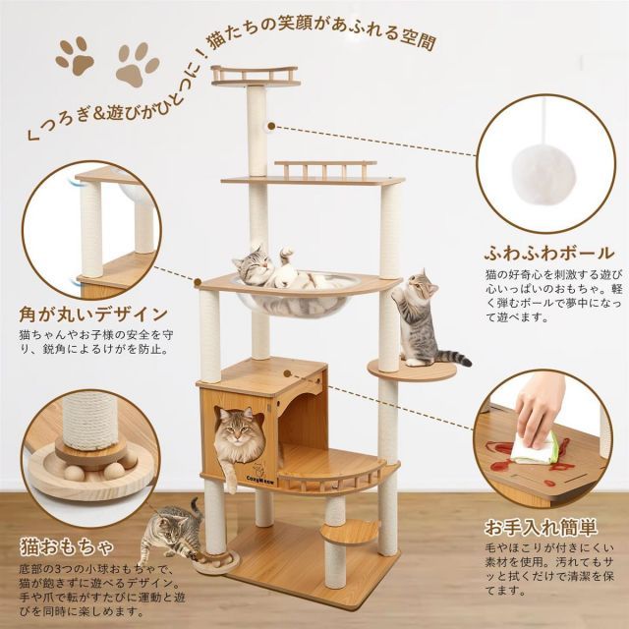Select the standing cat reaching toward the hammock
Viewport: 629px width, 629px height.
pyautogui.click(x=423, y=314)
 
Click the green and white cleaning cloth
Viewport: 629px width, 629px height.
pyautogui.click(x=545, y=447)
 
